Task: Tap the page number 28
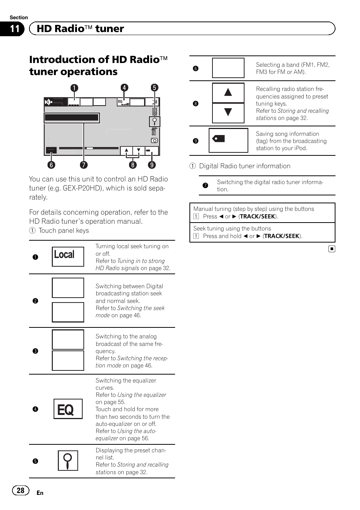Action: coord(20,490)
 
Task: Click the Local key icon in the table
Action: coord(68,256)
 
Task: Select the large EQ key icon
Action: coord(68,409)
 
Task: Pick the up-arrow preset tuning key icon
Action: coord(228,92)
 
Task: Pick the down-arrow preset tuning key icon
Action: coord(228,112)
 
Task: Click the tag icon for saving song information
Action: coord(219,139)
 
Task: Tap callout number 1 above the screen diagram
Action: coord(74,88)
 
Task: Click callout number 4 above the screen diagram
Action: coord(124,88)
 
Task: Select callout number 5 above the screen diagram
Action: coord(154,88)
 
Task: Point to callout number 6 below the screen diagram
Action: coord(51,165)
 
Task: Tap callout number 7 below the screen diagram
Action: coord(83,165)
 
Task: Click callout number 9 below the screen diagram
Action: coord(152,165)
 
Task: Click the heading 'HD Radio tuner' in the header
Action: coord(80,29)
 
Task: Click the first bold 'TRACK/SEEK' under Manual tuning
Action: coord(258,217)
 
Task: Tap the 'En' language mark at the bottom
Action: coord(40,493)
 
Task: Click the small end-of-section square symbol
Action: coord(331,249)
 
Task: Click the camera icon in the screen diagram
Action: coord(154,140)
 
